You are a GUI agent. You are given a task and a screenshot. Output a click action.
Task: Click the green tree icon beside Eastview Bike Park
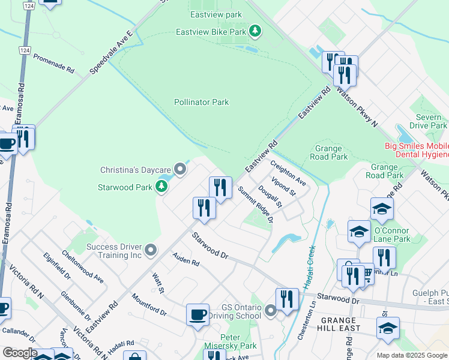[255, 31]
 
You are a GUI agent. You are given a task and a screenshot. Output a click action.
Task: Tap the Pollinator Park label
[202, 103]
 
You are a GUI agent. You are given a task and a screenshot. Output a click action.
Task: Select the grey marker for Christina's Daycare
[179, 167]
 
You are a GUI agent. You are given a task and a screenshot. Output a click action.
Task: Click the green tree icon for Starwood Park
[161, 187]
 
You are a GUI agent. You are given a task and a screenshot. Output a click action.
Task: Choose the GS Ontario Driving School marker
[270, 310]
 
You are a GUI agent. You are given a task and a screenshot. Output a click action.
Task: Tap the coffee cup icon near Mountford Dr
[197, 314]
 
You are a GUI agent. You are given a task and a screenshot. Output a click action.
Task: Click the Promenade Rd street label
[53, 62]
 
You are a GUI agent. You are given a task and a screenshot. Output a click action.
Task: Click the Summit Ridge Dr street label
[255, 205]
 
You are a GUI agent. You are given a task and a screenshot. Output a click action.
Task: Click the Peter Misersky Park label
[238, 341]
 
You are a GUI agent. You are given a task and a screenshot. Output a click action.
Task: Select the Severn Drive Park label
[428, 121]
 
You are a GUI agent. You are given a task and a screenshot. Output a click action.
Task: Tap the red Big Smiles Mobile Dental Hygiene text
[417, 150]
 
